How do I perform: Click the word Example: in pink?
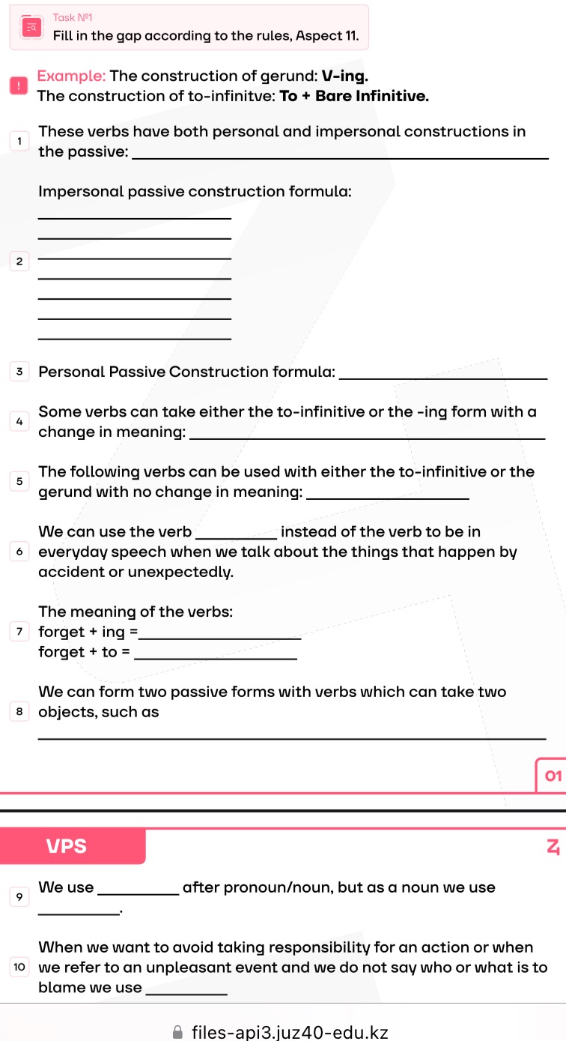point(72,76)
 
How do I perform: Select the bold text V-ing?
point(344,76)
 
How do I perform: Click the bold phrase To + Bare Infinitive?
point(354,96)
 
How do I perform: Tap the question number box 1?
point(19,141)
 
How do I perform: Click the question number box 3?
point(19,372)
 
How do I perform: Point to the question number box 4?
point(19,421)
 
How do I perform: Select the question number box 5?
point(19,482)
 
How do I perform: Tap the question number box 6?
point(19,552)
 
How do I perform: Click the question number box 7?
point(19,632)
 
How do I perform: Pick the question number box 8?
point(19,712)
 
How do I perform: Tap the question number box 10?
point(19,968)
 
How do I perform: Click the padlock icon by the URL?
point(177,1032)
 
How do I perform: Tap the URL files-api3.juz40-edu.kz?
point(290,1032)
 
